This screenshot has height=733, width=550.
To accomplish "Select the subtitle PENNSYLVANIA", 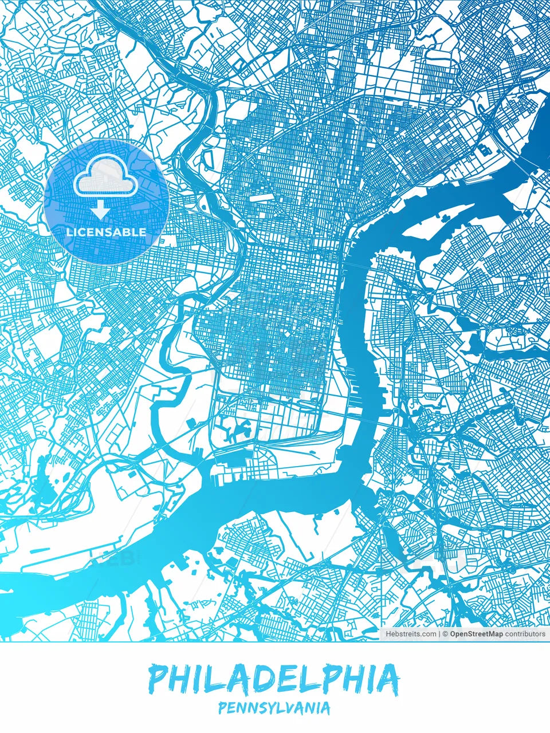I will (x=274, y=708).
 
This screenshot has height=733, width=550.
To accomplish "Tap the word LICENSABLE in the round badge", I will (x=107, y=232).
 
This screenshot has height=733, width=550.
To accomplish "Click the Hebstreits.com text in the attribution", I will (x=411, y=634).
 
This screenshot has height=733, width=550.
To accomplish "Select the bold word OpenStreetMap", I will (x=476, y=634).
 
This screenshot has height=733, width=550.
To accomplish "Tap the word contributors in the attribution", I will (x=525, y=634).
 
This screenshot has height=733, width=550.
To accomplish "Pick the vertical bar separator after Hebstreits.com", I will (x=439, y=634).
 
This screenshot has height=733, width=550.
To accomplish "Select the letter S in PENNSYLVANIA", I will (x=261, y=708).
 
